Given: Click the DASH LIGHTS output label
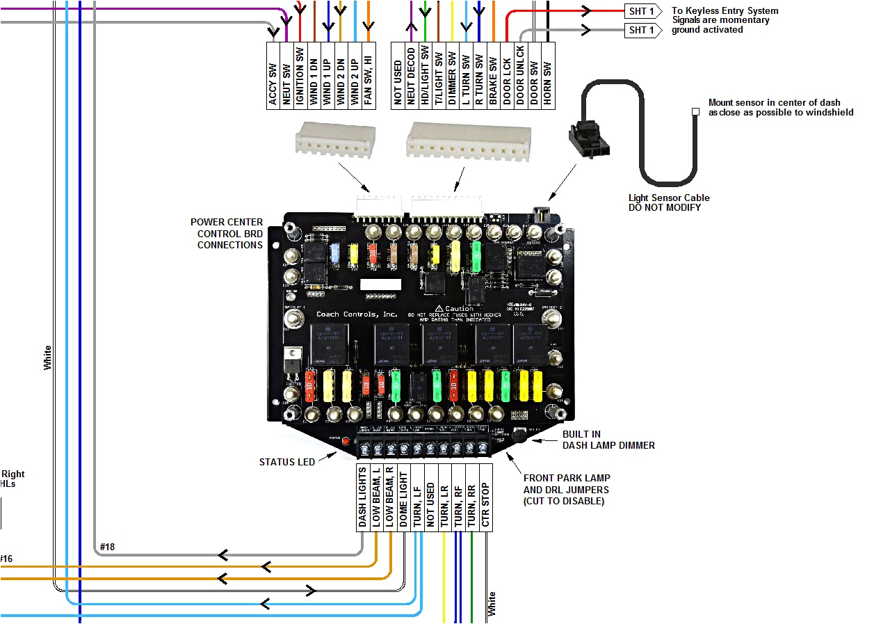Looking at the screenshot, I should (x=362, y=497).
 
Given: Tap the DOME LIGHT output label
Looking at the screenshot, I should (x=403, y=497).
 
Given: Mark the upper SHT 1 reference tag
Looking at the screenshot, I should (x=641, y=11).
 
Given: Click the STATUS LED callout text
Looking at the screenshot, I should (x=286, y=462).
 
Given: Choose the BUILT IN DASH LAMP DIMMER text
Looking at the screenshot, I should (x=608, y=440).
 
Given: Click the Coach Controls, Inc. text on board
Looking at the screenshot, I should (x=357, y=314).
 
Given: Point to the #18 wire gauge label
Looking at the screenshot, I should (x=107, y=547).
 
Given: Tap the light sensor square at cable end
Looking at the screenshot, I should (x=695, y=111).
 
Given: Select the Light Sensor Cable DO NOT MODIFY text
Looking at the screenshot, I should (x=669, y=202).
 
